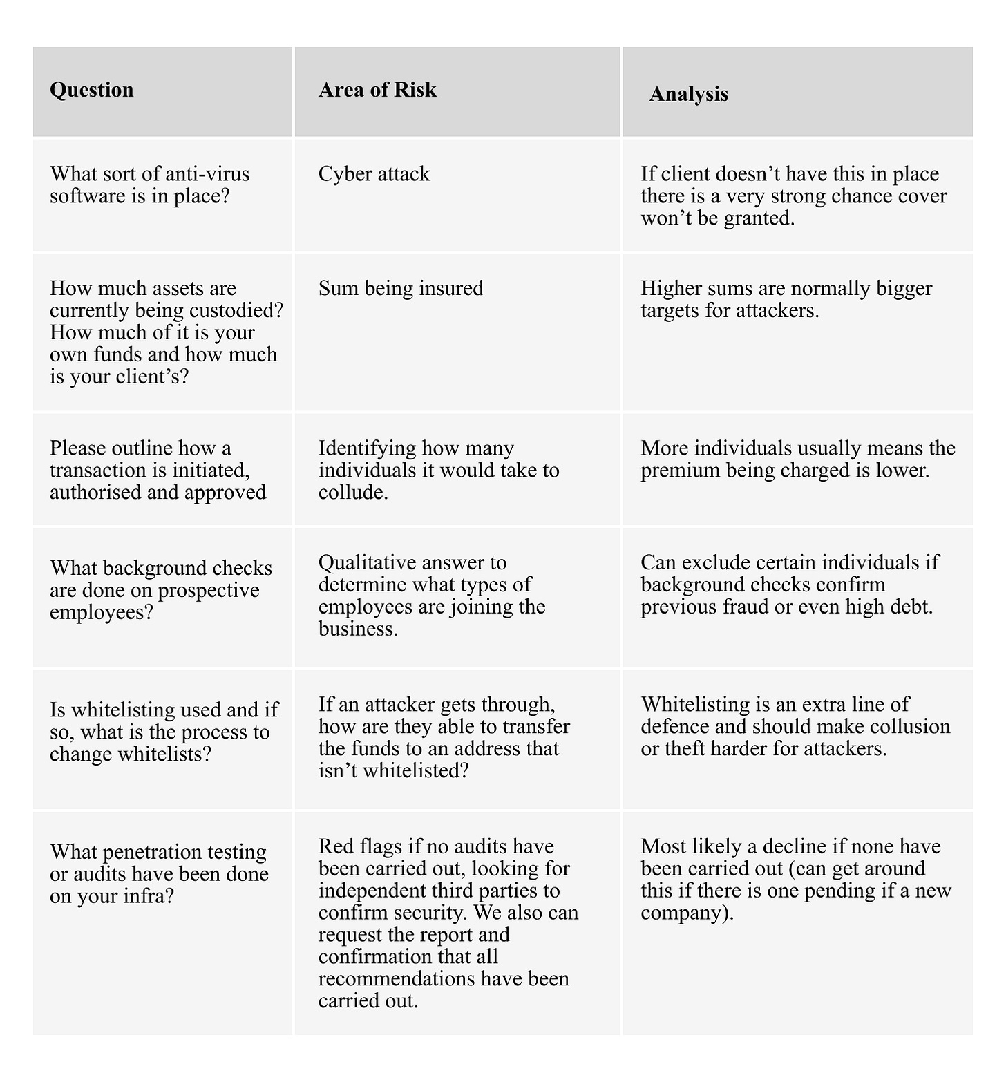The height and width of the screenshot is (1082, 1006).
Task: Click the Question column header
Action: (x=92, y=90)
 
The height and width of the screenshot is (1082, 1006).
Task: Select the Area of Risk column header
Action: (x=377, y=90)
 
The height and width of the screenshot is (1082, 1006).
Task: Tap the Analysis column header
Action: (x=688, y=94)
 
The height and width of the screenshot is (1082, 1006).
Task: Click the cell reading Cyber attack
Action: (x=374, y=173)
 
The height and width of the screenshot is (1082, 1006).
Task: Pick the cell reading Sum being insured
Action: (x=401, y=288)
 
